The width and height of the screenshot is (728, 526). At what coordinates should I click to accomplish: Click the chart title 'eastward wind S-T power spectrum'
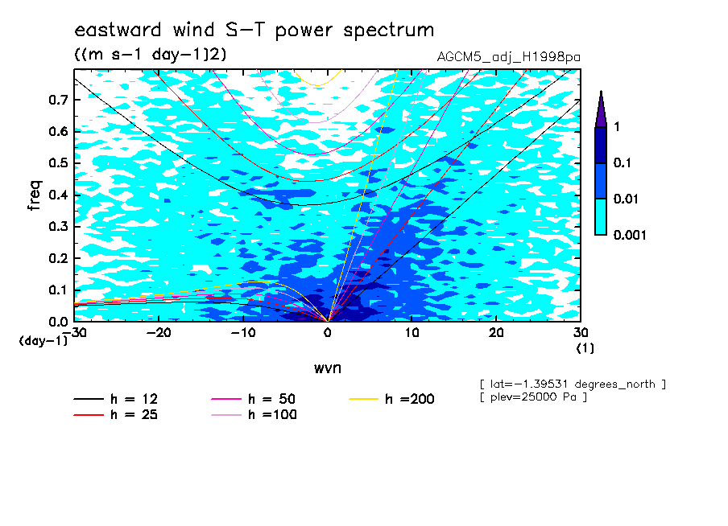(x=254, y=31)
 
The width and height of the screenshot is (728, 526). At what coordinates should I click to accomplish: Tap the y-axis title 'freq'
(x=35, y=195)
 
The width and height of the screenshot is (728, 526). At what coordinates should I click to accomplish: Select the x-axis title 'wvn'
(x=328, y=368)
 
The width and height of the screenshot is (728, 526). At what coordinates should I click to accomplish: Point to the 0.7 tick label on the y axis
(x=58, y=100)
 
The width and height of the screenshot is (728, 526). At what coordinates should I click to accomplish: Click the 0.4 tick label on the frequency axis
(x=58, y=195)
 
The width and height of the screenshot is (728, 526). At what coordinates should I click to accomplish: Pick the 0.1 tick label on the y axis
(x=58, y=290)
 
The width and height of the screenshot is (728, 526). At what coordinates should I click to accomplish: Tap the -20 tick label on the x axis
(x=159, y=333)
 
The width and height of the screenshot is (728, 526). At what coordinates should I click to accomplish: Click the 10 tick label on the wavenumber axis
(x=412, y=333)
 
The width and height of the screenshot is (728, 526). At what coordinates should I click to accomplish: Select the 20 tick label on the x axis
(x=496, y=333)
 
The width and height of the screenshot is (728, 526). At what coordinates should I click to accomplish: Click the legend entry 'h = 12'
(x=116, y=399)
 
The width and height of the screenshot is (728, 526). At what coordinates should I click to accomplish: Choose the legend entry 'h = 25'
(x=116, y=414)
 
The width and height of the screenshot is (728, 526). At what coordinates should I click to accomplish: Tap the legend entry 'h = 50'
(x=254, y=399)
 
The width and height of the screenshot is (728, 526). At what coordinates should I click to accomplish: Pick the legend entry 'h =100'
(x=254, y=414)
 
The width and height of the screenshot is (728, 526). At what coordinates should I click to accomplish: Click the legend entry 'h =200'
(x=392, y=399)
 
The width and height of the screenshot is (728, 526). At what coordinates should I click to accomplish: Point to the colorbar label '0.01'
(x=626, y=199)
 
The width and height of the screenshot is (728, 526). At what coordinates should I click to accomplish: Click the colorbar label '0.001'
(x=630, y=235)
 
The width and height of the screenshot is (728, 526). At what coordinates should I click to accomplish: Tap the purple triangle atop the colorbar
(x=601, y=109)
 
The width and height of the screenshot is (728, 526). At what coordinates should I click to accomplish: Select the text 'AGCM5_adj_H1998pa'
(x=508, y=57)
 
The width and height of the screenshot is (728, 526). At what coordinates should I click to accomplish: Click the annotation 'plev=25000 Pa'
(x=533, y=397)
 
